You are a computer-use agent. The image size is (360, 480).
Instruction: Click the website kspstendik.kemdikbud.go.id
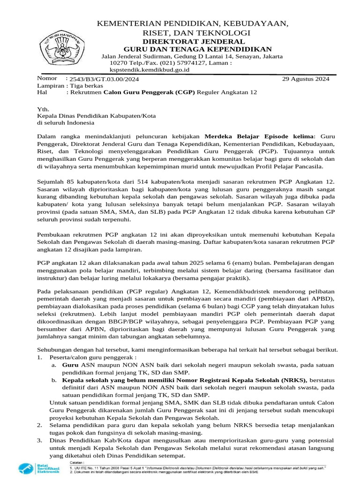click(149, 69)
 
